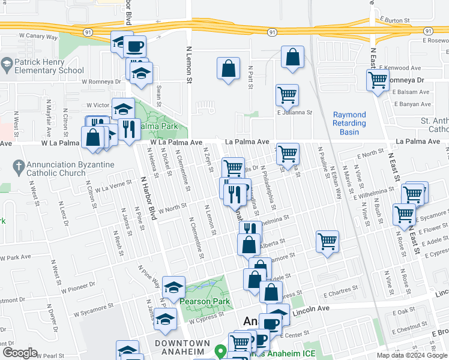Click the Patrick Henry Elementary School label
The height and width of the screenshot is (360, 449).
point(50,66)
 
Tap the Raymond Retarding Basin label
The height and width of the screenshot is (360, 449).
point(349,123)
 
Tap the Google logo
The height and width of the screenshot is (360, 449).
point(19,353)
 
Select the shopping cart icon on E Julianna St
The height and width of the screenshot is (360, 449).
point(287,94)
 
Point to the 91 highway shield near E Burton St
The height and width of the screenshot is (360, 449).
point(428,31)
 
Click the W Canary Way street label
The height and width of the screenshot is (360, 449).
point(39,37)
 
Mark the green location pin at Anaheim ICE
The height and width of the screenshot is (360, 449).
point(220,352)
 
